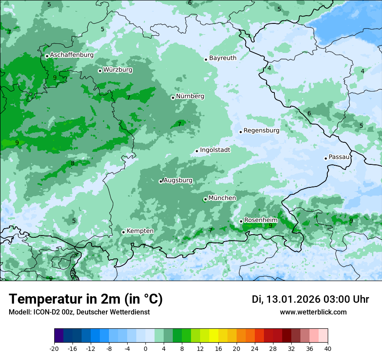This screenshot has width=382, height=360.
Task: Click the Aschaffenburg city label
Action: click(72, 55)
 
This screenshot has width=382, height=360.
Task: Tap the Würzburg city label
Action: click(118, 70)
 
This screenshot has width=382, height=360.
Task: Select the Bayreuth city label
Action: click(223, 58)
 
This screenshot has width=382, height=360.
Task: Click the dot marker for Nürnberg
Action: click(173, 98)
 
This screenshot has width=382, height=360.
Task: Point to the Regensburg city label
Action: click(261, 131)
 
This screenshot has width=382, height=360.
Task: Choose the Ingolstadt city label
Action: click(215, 150)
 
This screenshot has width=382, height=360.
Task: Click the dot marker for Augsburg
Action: click(161, 181)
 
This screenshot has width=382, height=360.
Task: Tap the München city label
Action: click(222, 198)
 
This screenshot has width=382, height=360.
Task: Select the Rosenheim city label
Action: click(260, 220)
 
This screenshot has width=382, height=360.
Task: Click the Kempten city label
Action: click(140, 231)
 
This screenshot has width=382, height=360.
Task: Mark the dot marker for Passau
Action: click(326, 158)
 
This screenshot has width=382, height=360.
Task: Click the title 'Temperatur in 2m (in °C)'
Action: click(86, 299)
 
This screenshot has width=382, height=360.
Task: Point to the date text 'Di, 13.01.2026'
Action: click(286, 299)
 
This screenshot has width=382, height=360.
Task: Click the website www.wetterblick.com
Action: click(313, 312)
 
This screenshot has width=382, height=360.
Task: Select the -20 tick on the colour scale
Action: click(54, 348)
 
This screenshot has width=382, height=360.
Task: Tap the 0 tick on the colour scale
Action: click(145, 348)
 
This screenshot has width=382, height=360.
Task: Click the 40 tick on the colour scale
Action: click(328, 348)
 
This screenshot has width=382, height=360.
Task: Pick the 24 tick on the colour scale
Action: click(255, 348)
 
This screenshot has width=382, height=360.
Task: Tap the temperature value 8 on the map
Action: click(72, 164)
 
